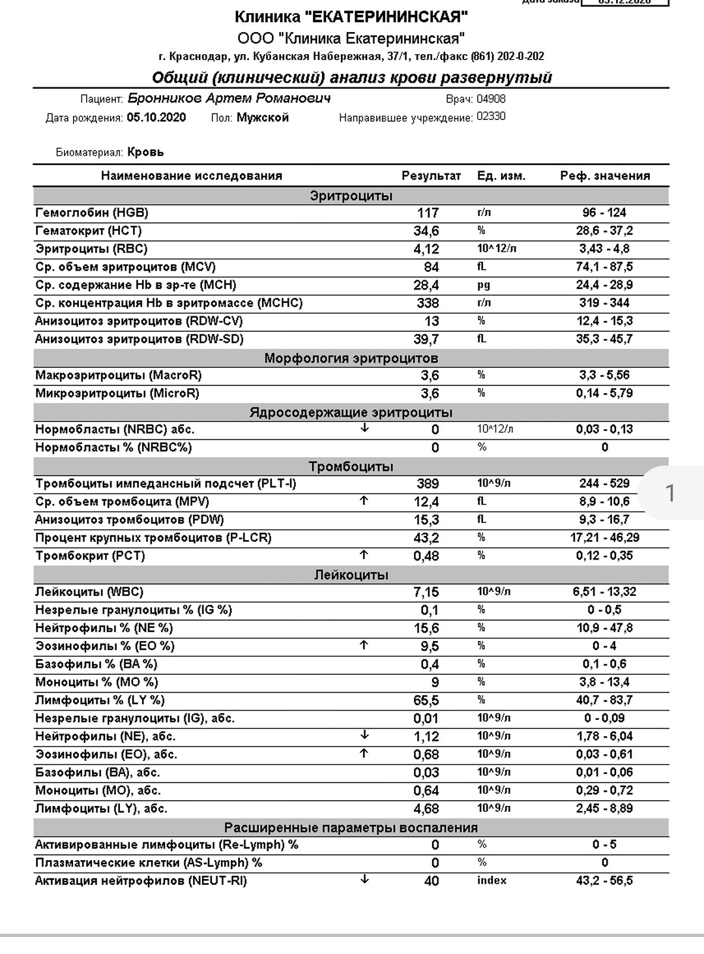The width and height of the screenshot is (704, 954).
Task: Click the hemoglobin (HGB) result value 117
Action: coord(428,213)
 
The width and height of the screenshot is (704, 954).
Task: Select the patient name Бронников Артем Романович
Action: coord(229,98)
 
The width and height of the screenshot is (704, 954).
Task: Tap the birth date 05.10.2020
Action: coord(156,117)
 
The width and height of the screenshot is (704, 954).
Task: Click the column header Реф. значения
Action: coord(605,175)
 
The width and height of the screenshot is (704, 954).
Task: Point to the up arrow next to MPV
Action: coord(364,501)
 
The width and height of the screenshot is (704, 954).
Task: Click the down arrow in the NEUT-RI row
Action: coord(364,880)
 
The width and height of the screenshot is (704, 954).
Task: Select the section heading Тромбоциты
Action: coord(351,466)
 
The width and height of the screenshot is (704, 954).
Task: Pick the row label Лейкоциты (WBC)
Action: coord(89,591)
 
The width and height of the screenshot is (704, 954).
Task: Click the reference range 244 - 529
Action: coord(604,483)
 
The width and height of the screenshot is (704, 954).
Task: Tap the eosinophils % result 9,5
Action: coord(430,646)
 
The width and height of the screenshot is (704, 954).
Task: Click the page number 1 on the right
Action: coord(670,493)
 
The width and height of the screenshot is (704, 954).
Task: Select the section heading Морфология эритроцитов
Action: coord(351,358)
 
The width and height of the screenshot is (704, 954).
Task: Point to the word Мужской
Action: coord(263,117)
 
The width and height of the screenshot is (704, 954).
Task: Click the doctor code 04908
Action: coord(491,99)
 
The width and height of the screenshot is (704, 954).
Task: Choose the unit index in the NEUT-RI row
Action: coord(491,880)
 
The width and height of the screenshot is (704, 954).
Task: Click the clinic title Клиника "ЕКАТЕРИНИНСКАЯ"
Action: coord(351,17)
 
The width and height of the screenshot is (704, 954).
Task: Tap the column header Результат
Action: coord(431,175)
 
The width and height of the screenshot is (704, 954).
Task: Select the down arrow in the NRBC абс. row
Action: coord(364,428)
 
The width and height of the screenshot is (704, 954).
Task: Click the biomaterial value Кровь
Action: coord(146,152)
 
